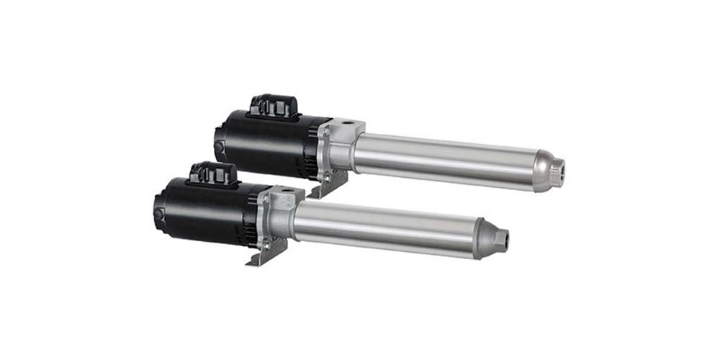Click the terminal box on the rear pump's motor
(273, 107)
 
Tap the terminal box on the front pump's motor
(212, 174)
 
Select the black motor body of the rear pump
(263, 144)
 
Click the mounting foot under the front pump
(268, 252)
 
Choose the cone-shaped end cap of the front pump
(490, 238)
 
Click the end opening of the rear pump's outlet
(561, 171)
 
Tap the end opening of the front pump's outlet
(504, 238)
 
